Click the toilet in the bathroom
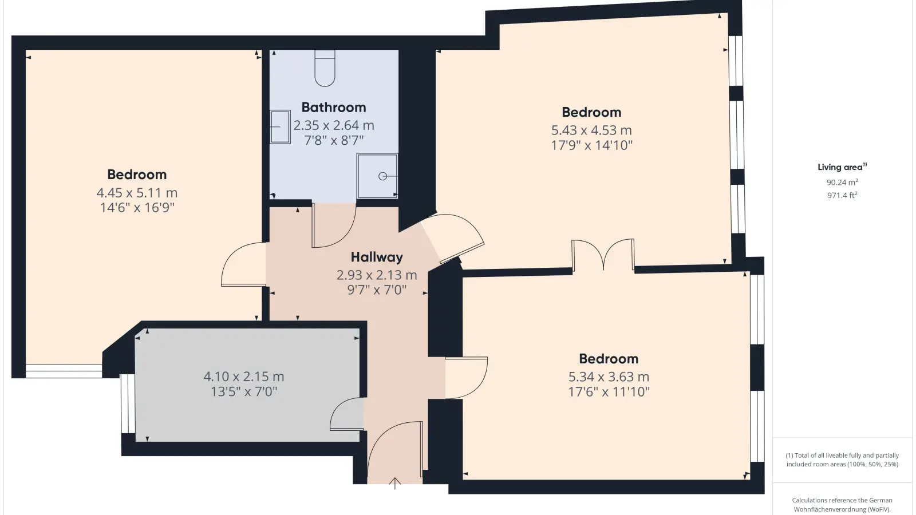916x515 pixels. click(x=325, y=68)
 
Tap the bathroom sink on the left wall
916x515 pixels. click(x=280, y=126)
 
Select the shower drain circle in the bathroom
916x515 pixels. click(x=383, y=176)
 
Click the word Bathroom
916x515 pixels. click(x=334, y=107)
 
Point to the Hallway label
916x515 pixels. click(x=377, y=257)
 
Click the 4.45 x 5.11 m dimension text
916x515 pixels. click(x=137, y=192)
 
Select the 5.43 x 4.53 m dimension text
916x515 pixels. click(x=591, y=130)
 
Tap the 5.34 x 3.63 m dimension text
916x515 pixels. click(x=609, y=377)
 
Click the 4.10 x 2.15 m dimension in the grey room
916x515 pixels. click(x=244, y=376)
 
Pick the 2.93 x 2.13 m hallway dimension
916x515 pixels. click(x=377, y=275)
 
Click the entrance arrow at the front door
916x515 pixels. click(x=394, y=483)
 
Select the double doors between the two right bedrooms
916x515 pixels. click(x=603, y=254)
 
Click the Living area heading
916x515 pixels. click(x=842, y=167)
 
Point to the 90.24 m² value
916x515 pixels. click(x=842, y=183)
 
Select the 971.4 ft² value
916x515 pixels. click(x=842, y=195)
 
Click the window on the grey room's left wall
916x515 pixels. click(x=128, y=403)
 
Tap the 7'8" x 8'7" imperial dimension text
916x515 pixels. click(x=334, y=141)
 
